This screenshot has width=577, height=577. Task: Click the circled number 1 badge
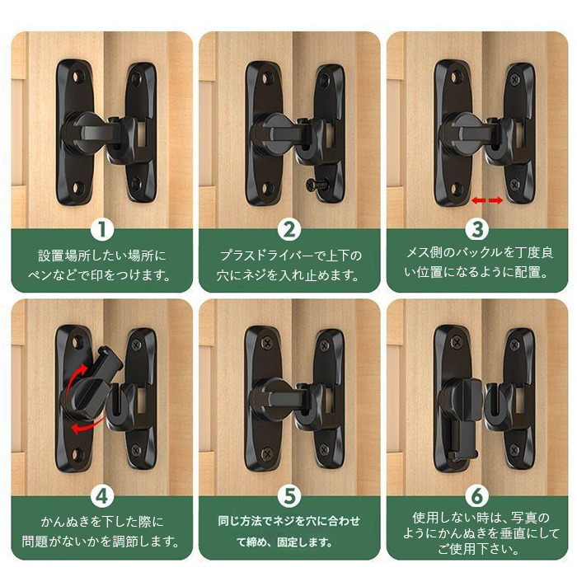tap(102, 230)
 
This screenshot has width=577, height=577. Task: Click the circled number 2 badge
tap(289, 230)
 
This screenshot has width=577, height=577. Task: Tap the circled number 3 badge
tap(477, 229)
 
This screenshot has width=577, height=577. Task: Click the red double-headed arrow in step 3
tap(487, 200)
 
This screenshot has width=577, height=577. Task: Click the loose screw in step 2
tap(317, 184)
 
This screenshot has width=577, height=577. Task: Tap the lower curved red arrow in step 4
tap(85, 426)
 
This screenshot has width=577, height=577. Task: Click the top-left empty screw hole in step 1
tap(77, 77)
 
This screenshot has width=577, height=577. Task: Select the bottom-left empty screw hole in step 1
tap(77, 188)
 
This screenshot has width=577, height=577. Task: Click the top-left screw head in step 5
tap(266, 344)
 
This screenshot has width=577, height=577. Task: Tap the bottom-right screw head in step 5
tap(324, 450)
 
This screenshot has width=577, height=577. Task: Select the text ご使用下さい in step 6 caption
tap(477, 549)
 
